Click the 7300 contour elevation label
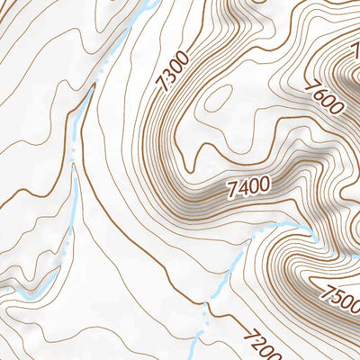tap(172, 71)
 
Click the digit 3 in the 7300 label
tap(168, 76)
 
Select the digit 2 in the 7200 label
tap(253, 337)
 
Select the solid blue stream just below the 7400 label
tap(279, 225)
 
